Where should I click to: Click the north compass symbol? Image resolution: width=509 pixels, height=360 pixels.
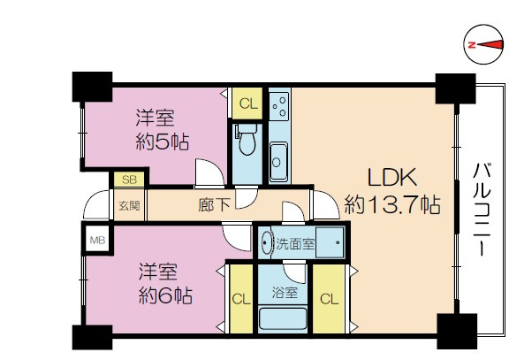[484, 44]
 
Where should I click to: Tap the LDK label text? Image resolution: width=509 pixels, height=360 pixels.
[392, 178]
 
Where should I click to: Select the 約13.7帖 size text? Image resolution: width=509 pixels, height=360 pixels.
[392, 204]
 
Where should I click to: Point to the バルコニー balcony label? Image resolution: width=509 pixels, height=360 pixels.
[482, 210]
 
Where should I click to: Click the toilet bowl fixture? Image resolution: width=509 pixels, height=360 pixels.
[247, 140]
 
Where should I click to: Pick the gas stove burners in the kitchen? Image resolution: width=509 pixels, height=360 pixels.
[280, 104]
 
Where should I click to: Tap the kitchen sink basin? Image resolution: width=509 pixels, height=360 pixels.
[278, 161]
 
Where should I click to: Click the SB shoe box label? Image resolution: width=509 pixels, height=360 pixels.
[130, 180]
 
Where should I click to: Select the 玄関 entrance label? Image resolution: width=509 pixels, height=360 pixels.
[129, 205]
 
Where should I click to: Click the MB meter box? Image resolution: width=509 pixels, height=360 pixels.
[97, 240]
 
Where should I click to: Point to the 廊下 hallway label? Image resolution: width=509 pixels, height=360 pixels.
[214, 204]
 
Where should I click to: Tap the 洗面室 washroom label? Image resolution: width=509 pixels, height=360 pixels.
[295, 243]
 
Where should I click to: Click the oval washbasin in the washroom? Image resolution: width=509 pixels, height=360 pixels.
[266, 242]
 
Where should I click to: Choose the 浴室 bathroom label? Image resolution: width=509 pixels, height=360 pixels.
[285, 293]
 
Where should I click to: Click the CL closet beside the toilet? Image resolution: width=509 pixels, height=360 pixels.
[248, 103]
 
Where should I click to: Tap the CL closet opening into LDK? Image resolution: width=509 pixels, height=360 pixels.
[329, 299]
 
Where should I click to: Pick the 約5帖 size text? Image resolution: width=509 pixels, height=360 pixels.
[163, 142]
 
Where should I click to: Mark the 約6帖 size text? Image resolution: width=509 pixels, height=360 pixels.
[165, 295]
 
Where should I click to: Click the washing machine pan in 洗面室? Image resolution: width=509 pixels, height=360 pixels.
[330, 242]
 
